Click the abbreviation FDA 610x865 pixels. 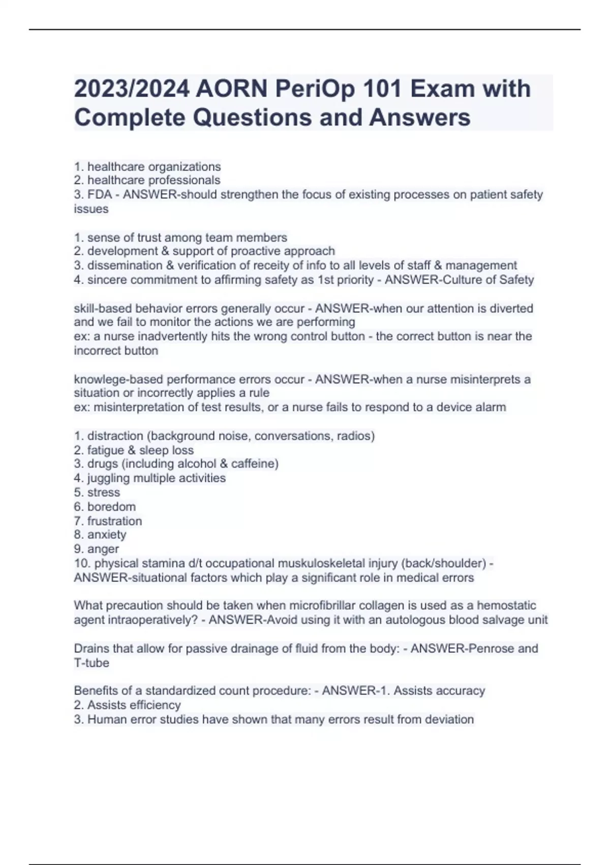click(100, 194)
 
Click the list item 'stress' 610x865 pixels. click(104, 493)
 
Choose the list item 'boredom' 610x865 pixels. click(111, 507)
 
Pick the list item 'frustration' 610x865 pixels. click(114, 521)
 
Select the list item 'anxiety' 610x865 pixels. click(107, 535)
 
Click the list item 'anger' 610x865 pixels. click(103, 549)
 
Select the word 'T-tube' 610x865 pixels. click(91, 663)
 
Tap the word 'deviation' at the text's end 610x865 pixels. click(449, 719)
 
